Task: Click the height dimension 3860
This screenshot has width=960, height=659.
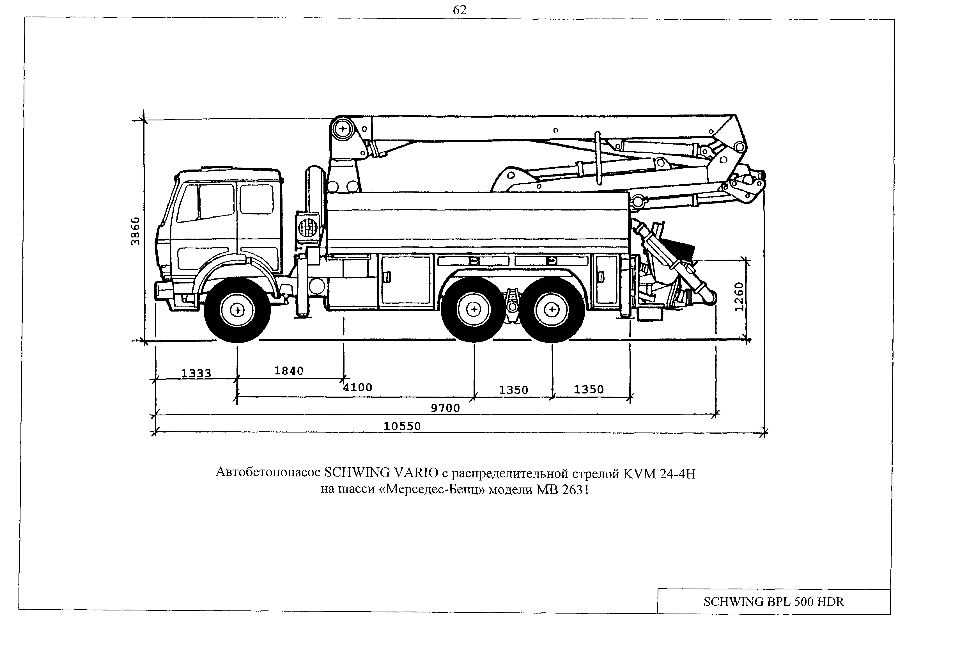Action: click(135, 231)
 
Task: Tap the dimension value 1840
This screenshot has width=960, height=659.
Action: click(289, 370)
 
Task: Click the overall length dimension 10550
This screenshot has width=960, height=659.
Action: click(402, 426)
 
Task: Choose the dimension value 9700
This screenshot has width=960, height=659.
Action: click(445, 408)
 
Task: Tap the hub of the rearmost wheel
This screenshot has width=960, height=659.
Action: click(552, 310)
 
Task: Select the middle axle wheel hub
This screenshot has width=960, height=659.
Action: click(474, 310)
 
